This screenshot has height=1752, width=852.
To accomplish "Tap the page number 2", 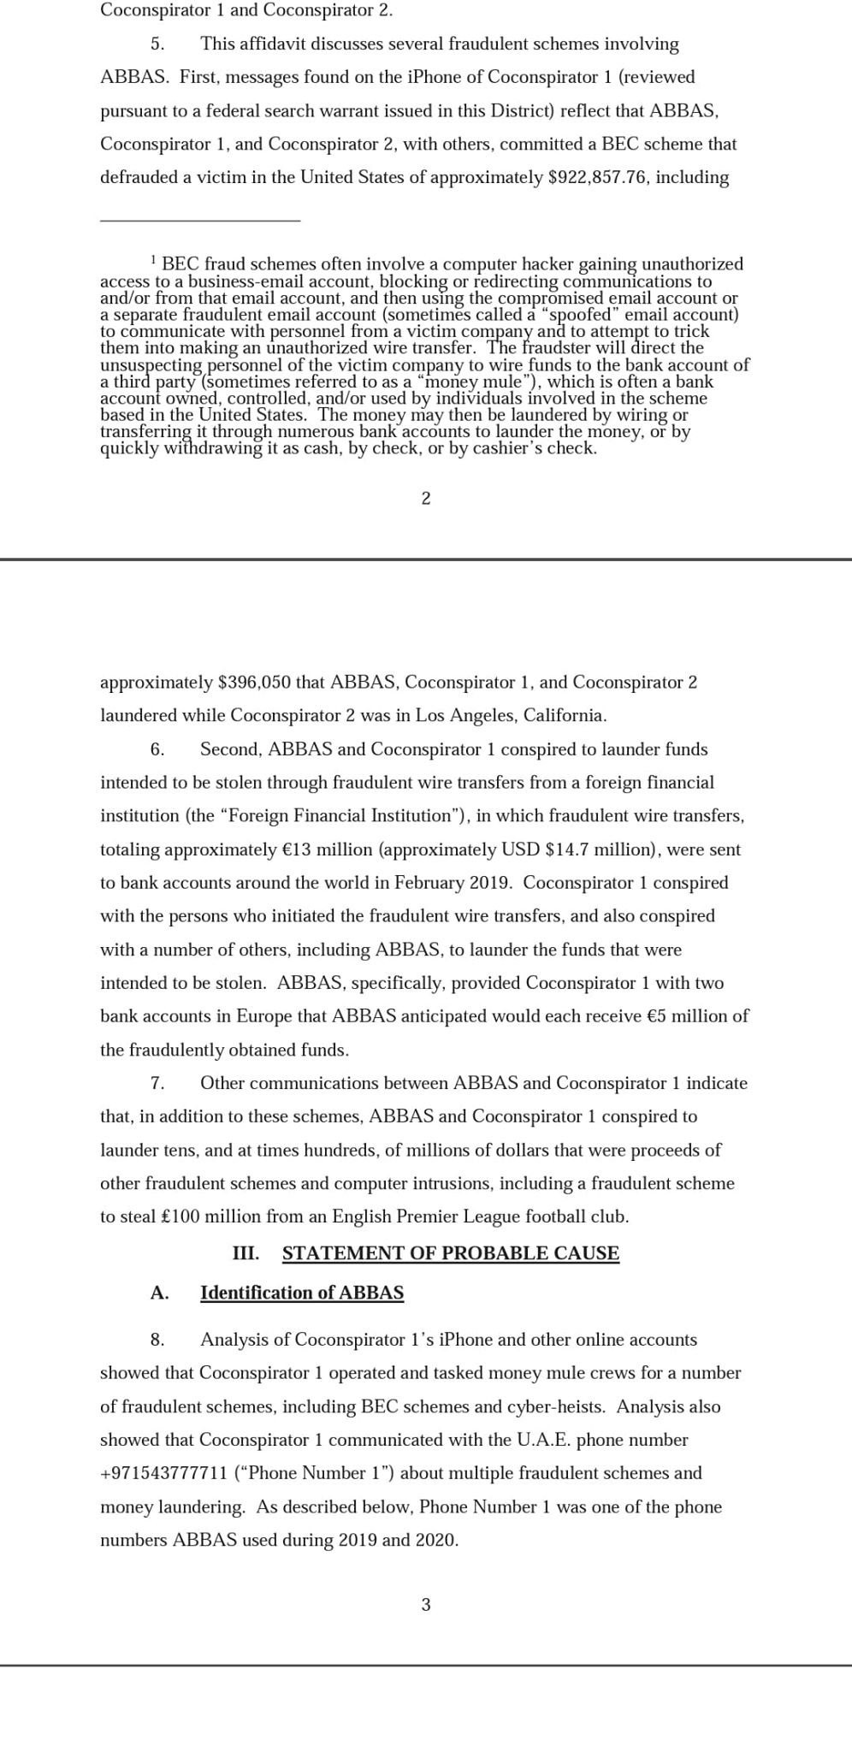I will click(x=426, y=499).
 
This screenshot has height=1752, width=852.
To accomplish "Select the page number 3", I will click(x=426, y=1605).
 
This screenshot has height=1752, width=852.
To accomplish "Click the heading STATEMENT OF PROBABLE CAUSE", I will click(x=450, y=1253).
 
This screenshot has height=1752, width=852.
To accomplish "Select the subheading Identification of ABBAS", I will click(x=302, y=1293).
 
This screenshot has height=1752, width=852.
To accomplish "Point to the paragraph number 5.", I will click(x=157, y=44).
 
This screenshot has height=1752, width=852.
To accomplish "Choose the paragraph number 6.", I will click(x=157, y=749).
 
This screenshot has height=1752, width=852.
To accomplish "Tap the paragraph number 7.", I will click(x=157, y=1083).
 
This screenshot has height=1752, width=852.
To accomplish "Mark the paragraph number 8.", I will click(x=157, y=1340).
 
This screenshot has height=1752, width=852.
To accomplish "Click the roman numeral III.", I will click(x=246, y=1253).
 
